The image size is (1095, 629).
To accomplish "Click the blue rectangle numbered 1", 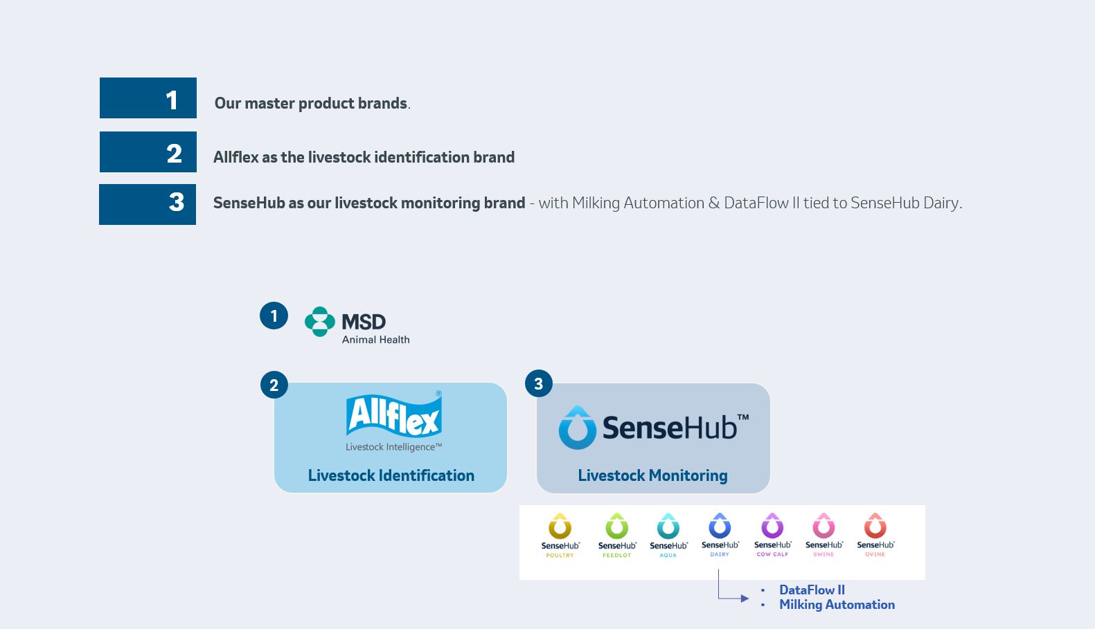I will pyautogui.click(x=148, y=98).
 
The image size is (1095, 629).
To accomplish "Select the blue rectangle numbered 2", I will pyautogui.click(x=148, y=152).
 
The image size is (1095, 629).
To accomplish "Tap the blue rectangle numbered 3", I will pyautogui.click(x=148, y=204).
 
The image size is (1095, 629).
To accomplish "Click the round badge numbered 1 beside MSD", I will pyautogui.click(x=274, y=316).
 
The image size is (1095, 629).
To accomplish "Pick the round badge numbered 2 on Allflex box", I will pyautogui.click(x=274, y=385).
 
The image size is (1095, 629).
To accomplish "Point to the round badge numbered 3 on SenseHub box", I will pyautogui.click(x=539, y=383).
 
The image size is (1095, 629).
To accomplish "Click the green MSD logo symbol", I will pyautogui.click(x=319, y=322).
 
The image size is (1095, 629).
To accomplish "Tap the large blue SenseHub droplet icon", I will pyautogui.click(x=577, y=428).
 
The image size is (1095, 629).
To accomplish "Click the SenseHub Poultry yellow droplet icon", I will pyautogui.click(x=560, y=527).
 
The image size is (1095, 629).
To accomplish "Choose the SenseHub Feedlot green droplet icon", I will pyautogui.click(x=616, y=527).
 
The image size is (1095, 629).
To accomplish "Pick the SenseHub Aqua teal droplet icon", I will pyautogui.click(x=668, y=527).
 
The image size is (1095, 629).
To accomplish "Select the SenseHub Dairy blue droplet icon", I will pyautogui.click(x=720, y=526).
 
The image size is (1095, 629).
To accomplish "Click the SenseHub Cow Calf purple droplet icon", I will pyautogui.click(x=772, y=526).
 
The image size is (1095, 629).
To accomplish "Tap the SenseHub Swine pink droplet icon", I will pyautogui.click(x=824, y=526).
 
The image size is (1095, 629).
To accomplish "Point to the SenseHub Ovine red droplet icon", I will pyautogui.click(x=875, y=526).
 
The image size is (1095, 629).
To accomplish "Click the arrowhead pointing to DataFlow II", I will pyautogui.click(x=745, y=599).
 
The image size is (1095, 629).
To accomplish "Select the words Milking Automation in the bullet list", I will pyautogui.click(x=837, y=605).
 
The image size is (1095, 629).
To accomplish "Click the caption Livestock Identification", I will pyautogui.click(x=391, y=475).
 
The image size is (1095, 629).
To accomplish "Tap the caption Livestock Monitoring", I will pyautogui.click(x=652, y=475).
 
